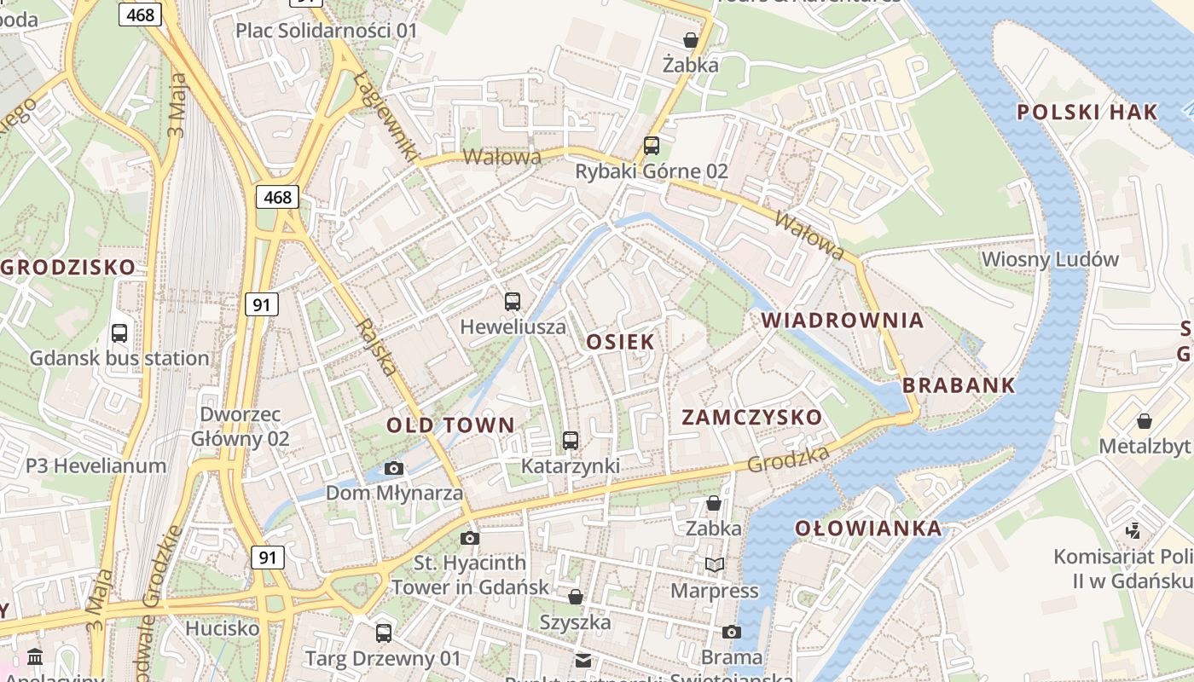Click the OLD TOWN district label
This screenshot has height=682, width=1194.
[x=450, y=425]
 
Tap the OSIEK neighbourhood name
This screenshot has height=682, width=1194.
[x=621, y=342]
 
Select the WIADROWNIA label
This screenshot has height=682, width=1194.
[x=843, y=321]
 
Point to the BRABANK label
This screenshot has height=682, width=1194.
[x=959, y=385]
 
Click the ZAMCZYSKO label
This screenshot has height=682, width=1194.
[x=752, y=418]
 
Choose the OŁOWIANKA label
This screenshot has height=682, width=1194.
[x=869, y=529]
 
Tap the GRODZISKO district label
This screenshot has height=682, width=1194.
[x=68, y=267]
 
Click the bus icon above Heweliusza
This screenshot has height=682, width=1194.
[x=513, y=302]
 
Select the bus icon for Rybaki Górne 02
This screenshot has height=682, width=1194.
[x=652, y=146]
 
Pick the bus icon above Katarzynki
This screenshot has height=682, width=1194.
[x=571, y=441]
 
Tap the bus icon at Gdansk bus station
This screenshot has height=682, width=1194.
[x=119, y=333]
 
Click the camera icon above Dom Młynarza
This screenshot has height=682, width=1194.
[x=394, y=468]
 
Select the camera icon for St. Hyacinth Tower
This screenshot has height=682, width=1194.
[x=470, y=538]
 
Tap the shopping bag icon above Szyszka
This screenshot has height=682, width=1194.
[x=576, y=597]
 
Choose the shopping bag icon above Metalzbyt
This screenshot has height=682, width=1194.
[x=1145, y=421]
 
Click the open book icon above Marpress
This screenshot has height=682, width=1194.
[x=714, y=564]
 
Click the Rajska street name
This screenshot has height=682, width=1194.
[x=376, y=348]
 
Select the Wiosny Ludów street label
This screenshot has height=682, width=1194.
[x=1050, y=259]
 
